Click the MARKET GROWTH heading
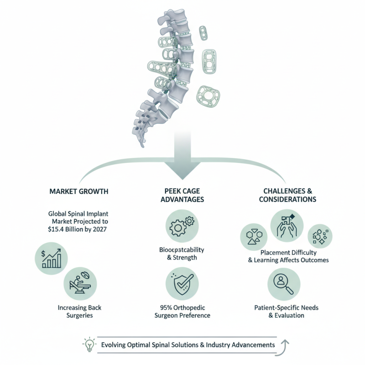[78, 191]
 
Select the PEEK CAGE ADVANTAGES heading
[182, 195]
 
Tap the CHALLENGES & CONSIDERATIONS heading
[287, 195]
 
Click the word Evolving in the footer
[116, 344]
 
